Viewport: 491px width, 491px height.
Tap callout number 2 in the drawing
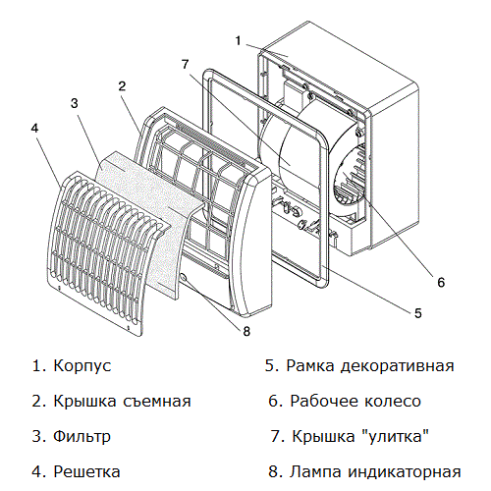click(122, 86)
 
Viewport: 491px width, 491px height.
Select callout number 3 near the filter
click(74, 102)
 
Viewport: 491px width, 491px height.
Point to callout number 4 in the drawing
click(35, 127)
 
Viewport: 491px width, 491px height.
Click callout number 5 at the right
click(417, 313)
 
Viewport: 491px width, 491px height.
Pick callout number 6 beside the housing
click(440, 282)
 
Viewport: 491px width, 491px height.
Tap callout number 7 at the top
click(184, 64)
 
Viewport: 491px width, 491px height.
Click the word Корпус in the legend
click(82, 366)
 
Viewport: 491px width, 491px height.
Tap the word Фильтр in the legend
click(83, 436)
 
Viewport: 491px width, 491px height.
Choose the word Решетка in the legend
click(88, 471)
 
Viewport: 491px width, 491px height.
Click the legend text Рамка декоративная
click(369, 366)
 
